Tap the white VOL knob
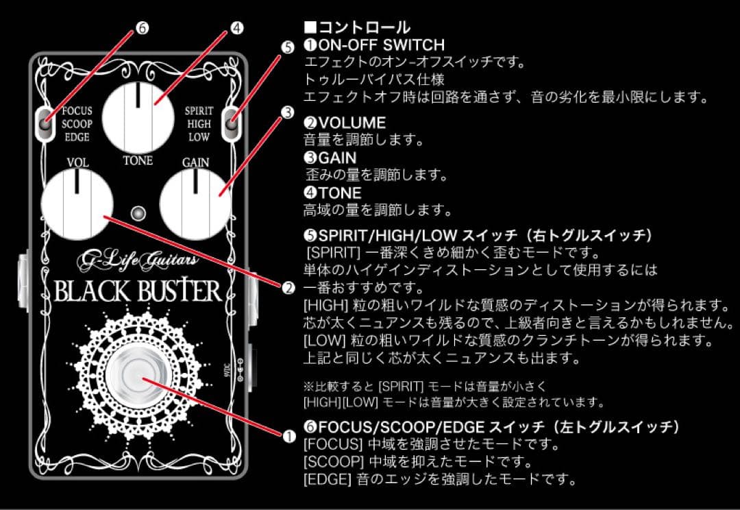pyautogui.click(x=77, y=203)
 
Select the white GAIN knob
pyautogui.click(x=195, y=203)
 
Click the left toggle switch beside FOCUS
pyautogui.click(x=45, y=123)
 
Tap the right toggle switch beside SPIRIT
pyautogui.click(x=232, y=123)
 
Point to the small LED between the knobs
pyautogui.click(x=138, y=212)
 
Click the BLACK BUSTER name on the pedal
pyautogui.click(x=138, y=291)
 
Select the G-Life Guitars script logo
pyautogui.click(x=138, y=260)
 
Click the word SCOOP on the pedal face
pyautogui.click(x=77, y=123)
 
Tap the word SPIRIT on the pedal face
pyautogui.click(x=199, y=110)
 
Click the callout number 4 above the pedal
pyautogui.click(x=236, y=28)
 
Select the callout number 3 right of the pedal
pyautogui.click(x=288, y=111)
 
